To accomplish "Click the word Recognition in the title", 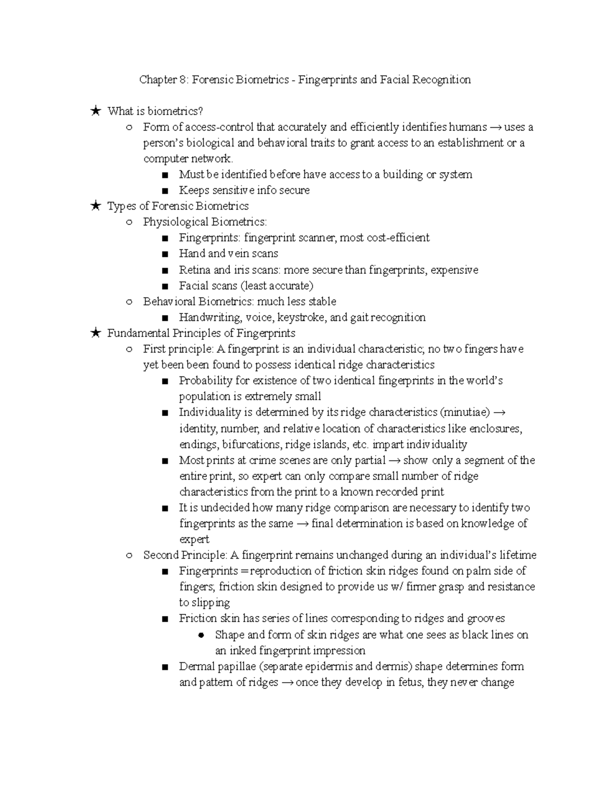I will tap(441, 80).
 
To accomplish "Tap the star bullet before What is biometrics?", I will tap(95, 111).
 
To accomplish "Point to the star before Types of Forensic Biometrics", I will tap(95, 206).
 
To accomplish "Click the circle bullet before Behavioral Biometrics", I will tap(129, 302).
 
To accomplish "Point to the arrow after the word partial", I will tap(394, 461).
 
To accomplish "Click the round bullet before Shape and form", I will tap(201, 635).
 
